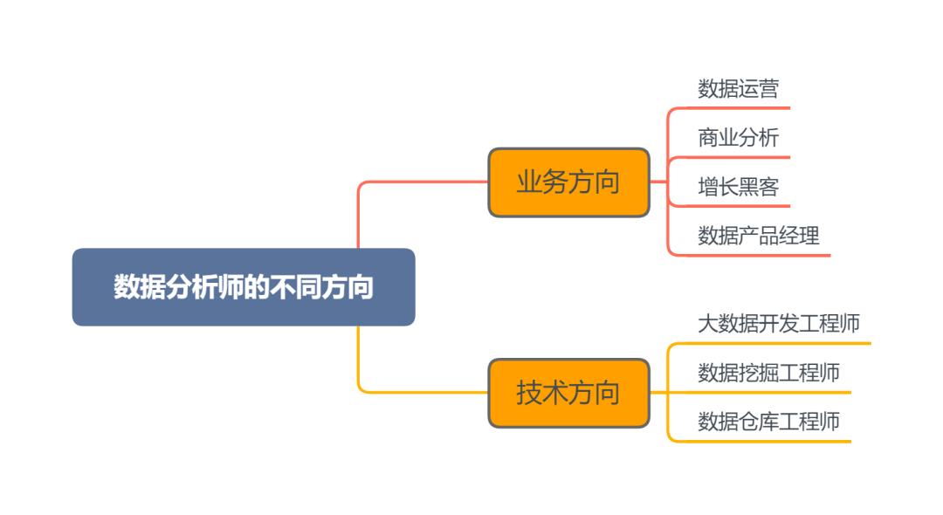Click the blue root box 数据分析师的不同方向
point(243,287)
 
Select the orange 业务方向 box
point(568,182)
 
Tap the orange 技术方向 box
point(568,393)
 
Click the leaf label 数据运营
point(738,88)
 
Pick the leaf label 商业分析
point(738,137)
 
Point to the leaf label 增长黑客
point(738,186)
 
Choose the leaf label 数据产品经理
point(758,235)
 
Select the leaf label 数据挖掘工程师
point(768,373)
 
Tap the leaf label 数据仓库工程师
point(768,422)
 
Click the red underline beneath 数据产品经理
point(760,256)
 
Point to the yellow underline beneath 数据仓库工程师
point(768,442)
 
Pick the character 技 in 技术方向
point(529,393)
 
